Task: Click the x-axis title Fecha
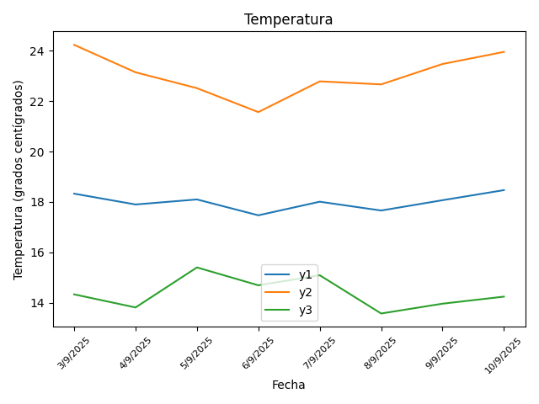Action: pyautogui.click(x=289, y=385)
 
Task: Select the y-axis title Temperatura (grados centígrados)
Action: pyautogui.click(x=19, y=179)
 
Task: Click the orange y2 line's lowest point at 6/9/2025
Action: pyautogui.click(x=259, y=112)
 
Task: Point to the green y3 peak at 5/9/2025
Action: pyautogui.click(x=197, y=268)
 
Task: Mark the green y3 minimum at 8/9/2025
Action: pyautogui.click(x=382, y=313)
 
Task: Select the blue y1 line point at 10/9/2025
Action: pyautogui.click(x=504, y=190)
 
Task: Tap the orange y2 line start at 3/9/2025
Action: pyautogui.click(x=74, y=45)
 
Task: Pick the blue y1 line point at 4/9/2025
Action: pyautogui.click(x=136, y=205)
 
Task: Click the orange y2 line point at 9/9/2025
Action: pyautogui.click(x=443, y=64)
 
